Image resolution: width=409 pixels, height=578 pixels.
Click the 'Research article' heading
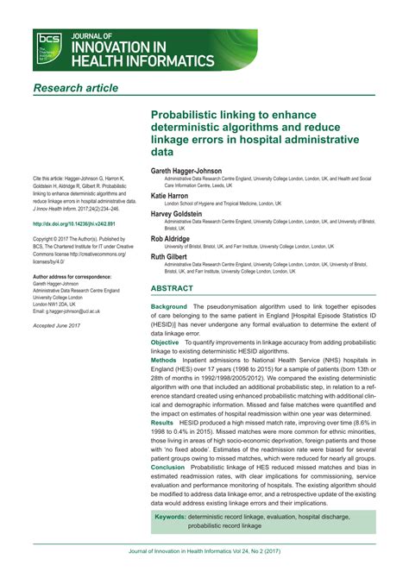click(x=75, y=88)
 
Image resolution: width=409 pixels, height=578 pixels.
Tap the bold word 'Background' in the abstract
click(x=169, y=307)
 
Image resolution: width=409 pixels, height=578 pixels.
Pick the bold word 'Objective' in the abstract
click(x=166, y=342)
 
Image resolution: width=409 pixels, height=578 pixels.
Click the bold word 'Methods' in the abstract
click(x=164, y=361)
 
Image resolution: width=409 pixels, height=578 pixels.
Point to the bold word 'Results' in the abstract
click(x=162, y=423)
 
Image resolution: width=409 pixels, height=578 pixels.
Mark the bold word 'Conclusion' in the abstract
click(x=167, y=468)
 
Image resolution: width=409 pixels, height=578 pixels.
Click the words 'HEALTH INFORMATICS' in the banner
click(x=142, y=60)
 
